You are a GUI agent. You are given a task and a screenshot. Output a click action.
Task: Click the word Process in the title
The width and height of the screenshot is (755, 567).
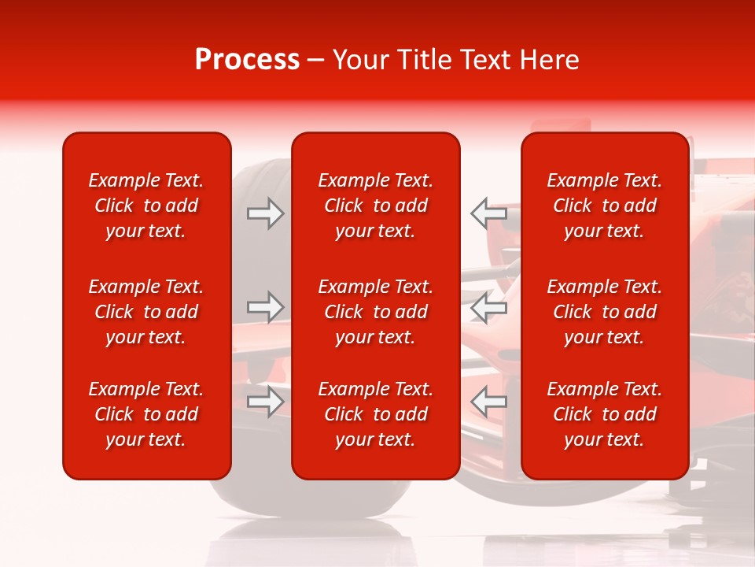pyautogui.click(x=247, y=60)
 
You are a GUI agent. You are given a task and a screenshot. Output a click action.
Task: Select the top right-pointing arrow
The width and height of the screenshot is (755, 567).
pyautogui.click(x=266, y=213)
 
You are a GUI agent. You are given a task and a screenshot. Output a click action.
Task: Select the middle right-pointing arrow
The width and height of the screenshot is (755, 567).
pyautogui.click(x=266, y=307)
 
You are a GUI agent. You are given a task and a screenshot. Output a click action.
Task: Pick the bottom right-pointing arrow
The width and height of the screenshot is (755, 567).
pyautogui.click(x=266, y=402)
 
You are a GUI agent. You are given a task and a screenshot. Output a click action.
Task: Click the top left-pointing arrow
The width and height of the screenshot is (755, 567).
pyautogui.click(x=488, y=213)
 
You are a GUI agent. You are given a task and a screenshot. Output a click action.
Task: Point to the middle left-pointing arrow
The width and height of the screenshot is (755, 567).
pyautogui.click(x=488, y=307)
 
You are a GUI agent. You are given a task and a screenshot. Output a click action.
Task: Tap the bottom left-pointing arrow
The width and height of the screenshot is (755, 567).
pyautogui.click(x=488, y=402)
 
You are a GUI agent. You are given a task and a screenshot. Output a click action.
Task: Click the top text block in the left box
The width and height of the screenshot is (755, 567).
pyautogui.click(x=146, y=206)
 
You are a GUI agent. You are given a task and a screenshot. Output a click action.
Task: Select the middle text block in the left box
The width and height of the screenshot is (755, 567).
pyautogui.click(x=146, y=312)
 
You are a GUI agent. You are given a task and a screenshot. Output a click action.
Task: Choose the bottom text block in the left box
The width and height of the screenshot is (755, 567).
pyautogui.click(x=146, y=414)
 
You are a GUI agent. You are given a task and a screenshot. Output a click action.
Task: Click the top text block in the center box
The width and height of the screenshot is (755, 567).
pyautogui.click(x=376, y=206)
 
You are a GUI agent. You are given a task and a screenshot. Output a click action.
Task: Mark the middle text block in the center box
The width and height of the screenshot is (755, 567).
pyautogui.click(x=376, y=312)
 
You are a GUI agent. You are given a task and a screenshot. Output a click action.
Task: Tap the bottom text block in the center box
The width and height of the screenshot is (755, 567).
pyautogui.click(x=376, y=414)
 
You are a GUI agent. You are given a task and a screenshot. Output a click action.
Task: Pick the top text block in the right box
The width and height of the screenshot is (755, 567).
pyautogui.click(x=605, y=206)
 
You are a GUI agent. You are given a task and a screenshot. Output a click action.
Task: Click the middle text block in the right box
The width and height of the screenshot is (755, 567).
pyautogui.click(x=605, y=312)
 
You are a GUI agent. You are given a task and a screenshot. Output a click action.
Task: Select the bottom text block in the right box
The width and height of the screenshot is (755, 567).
pyautogui.click(x=605, y=414)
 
